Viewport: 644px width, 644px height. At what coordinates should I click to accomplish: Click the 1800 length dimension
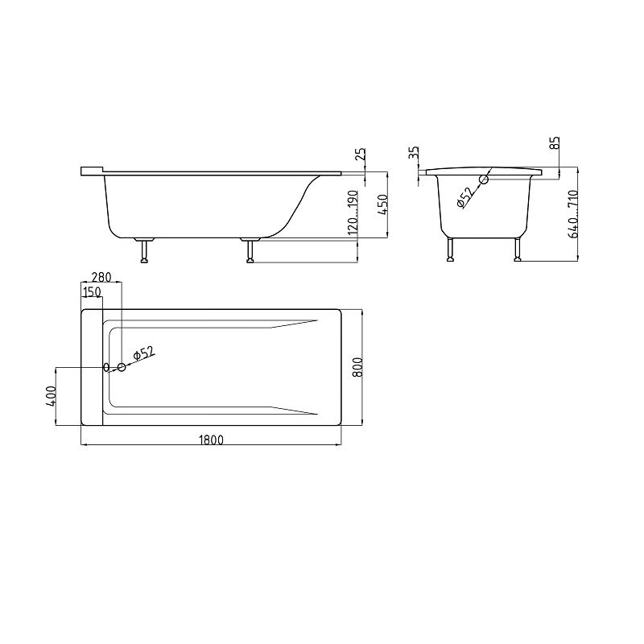tap(211, 440)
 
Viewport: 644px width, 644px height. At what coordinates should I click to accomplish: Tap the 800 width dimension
tap(357, 367)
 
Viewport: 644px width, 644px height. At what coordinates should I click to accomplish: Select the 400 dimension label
tap(51, 396)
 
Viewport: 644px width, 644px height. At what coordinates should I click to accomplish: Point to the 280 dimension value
tap(101, 277)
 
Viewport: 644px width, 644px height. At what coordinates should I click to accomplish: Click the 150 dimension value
tap(92, 291)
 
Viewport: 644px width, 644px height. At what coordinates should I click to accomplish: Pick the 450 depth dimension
tap(382, 205)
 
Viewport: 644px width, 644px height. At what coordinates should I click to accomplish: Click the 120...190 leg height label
tap(353, 213)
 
